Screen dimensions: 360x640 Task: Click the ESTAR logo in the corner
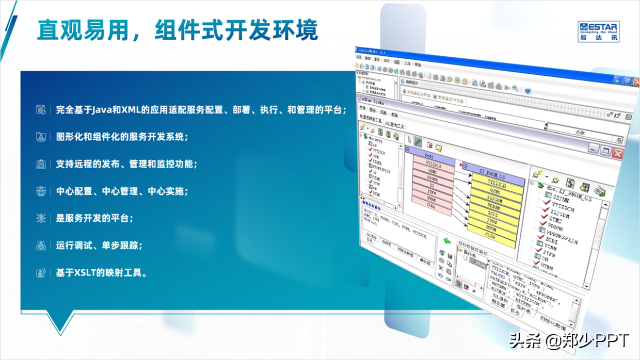click(x=598, y=31)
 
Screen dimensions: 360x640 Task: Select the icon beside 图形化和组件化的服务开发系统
click(x=41, y=137)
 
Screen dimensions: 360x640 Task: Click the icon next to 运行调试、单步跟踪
click(x=41, y=246)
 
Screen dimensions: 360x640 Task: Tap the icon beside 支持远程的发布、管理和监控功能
click(x=41, y=164)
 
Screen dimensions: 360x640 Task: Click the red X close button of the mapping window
click(x=617, y=153)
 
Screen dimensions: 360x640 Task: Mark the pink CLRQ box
click(x=431, y=205)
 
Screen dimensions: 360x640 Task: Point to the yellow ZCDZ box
click(x=493, y=214)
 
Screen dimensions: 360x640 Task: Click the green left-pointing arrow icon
click(x=447, y=241)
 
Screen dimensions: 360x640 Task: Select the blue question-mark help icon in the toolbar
click(x=527, y=90)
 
